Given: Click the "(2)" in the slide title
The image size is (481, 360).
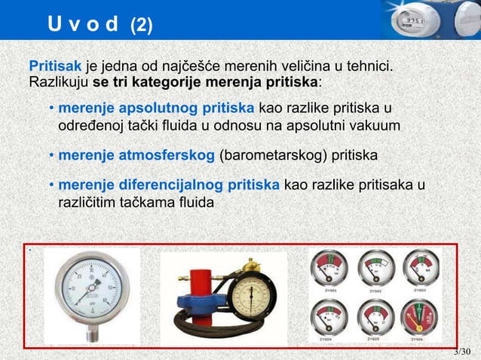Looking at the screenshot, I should [x=141, y=25].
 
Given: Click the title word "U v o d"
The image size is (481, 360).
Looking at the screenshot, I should [x=83, y=25].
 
